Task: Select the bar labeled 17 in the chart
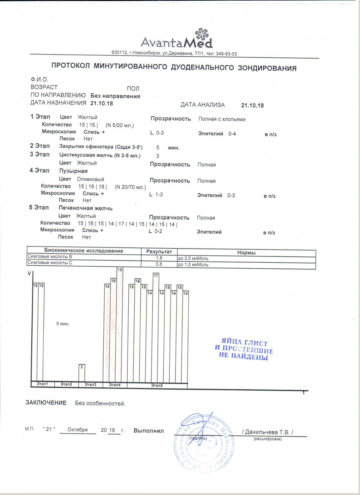tap(156, 327)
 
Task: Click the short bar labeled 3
tap(82, 373)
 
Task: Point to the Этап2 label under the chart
tap(66, 384)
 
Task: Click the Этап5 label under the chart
tap(157, 385)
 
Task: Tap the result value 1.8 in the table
tap(159, 258)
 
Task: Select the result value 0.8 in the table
tap(159, 264)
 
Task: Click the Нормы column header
tap(246, 252)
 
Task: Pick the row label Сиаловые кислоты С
tap(50, 263)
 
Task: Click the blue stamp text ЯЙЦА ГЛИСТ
tap(244, 343)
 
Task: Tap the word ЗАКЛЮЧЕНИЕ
tap(46, 403)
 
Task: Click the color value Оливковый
tap(90, 179)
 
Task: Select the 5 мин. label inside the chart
tap(63, 324)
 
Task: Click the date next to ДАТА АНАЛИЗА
tap(252, 105)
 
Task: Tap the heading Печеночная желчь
tap(85, 208)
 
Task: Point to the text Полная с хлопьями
tap(222, 119)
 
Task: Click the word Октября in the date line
tap(78, 430)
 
